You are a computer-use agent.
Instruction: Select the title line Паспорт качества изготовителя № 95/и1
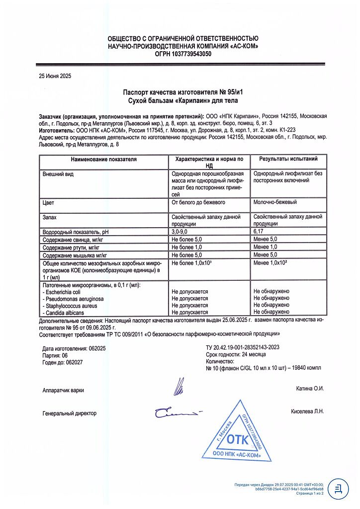pyautogui.click(x=183, y=92)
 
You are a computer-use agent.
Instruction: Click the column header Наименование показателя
pyautogui.click(x=103, y=160)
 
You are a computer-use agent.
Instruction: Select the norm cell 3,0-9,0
pyautogui.click(x=181, y=231)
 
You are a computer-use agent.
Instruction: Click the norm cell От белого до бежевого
pyautogui.click(x=198, y=202)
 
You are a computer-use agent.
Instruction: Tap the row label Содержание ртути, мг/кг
pyautogui.click(x=71, y=247)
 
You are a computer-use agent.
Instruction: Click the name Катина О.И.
pyautogui.click(x=310, y=388)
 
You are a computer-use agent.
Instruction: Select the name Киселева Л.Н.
pyautogui.click(x=307, y=412)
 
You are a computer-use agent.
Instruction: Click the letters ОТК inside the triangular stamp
pyautogui.click(x=237, y=439)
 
